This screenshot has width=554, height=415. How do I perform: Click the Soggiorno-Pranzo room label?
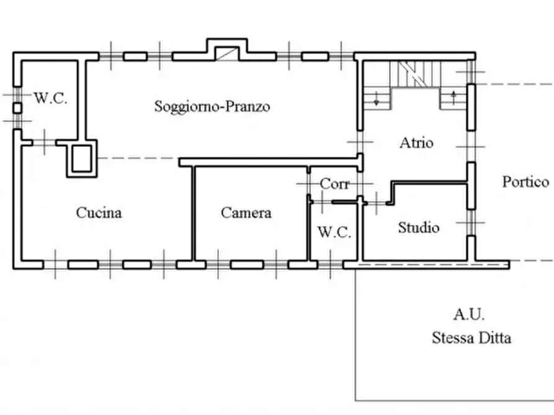coord(212,106)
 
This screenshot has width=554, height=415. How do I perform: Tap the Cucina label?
coord(99,212)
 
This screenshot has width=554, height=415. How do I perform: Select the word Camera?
coord(246,212)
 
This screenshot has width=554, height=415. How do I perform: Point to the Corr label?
coord(335,184)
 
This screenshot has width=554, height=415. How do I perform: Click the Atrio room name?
coord(416,142)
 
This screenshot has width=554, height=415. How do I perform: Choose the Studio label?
coord(419,227)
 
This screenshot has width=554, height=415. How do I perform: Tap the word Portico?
coord(525,181)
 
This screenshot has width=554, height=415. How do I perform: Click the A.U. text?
coord(468,315)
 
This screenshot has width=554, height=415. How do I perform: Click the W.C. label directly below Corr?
coord(334,233)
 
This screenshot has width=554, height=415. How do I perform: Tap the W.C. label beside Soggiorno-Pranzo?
coord(50,98)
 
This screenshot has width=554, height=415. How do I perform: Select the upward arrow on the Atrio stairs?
coord(453,97)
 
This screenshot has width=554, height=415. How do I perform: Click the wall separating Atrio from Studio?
coord(428,182)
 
